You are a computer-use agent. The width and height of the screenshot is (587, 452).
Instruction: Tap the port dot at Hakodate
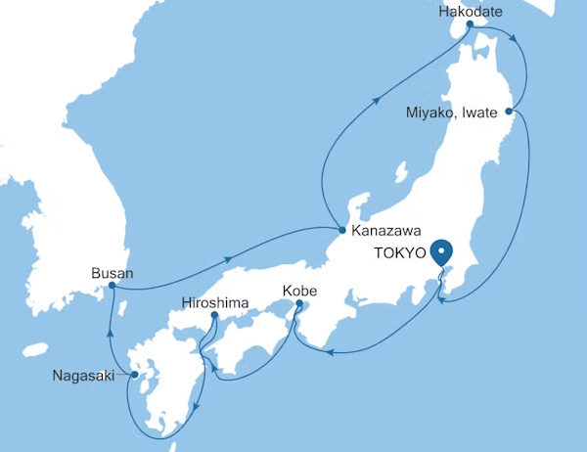(470, 29)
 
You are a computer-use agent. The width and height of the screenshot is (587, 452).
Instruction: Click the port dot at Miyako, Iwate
(515, 112)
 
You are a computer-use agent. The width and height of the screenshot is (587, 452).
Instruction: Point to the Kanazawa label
(385, 232)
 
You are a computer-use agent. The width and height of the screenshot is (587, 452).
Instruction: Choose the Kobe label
(298, 292)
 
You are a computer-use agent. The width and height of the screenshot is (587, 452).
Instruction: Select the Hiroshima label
(215, 301)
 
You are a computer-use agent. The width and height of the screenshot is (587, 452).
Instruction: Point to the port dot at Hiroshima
(215, 316)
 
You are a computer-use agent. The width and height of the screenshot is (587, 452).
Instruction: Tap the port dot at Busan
(112, 287)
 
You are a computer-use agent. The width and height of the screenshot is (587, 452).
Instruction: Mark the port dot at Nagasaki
(135, 375)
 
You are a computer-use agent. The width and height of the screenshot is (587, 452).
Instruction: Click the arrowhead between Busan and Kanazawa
(228, 259)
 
